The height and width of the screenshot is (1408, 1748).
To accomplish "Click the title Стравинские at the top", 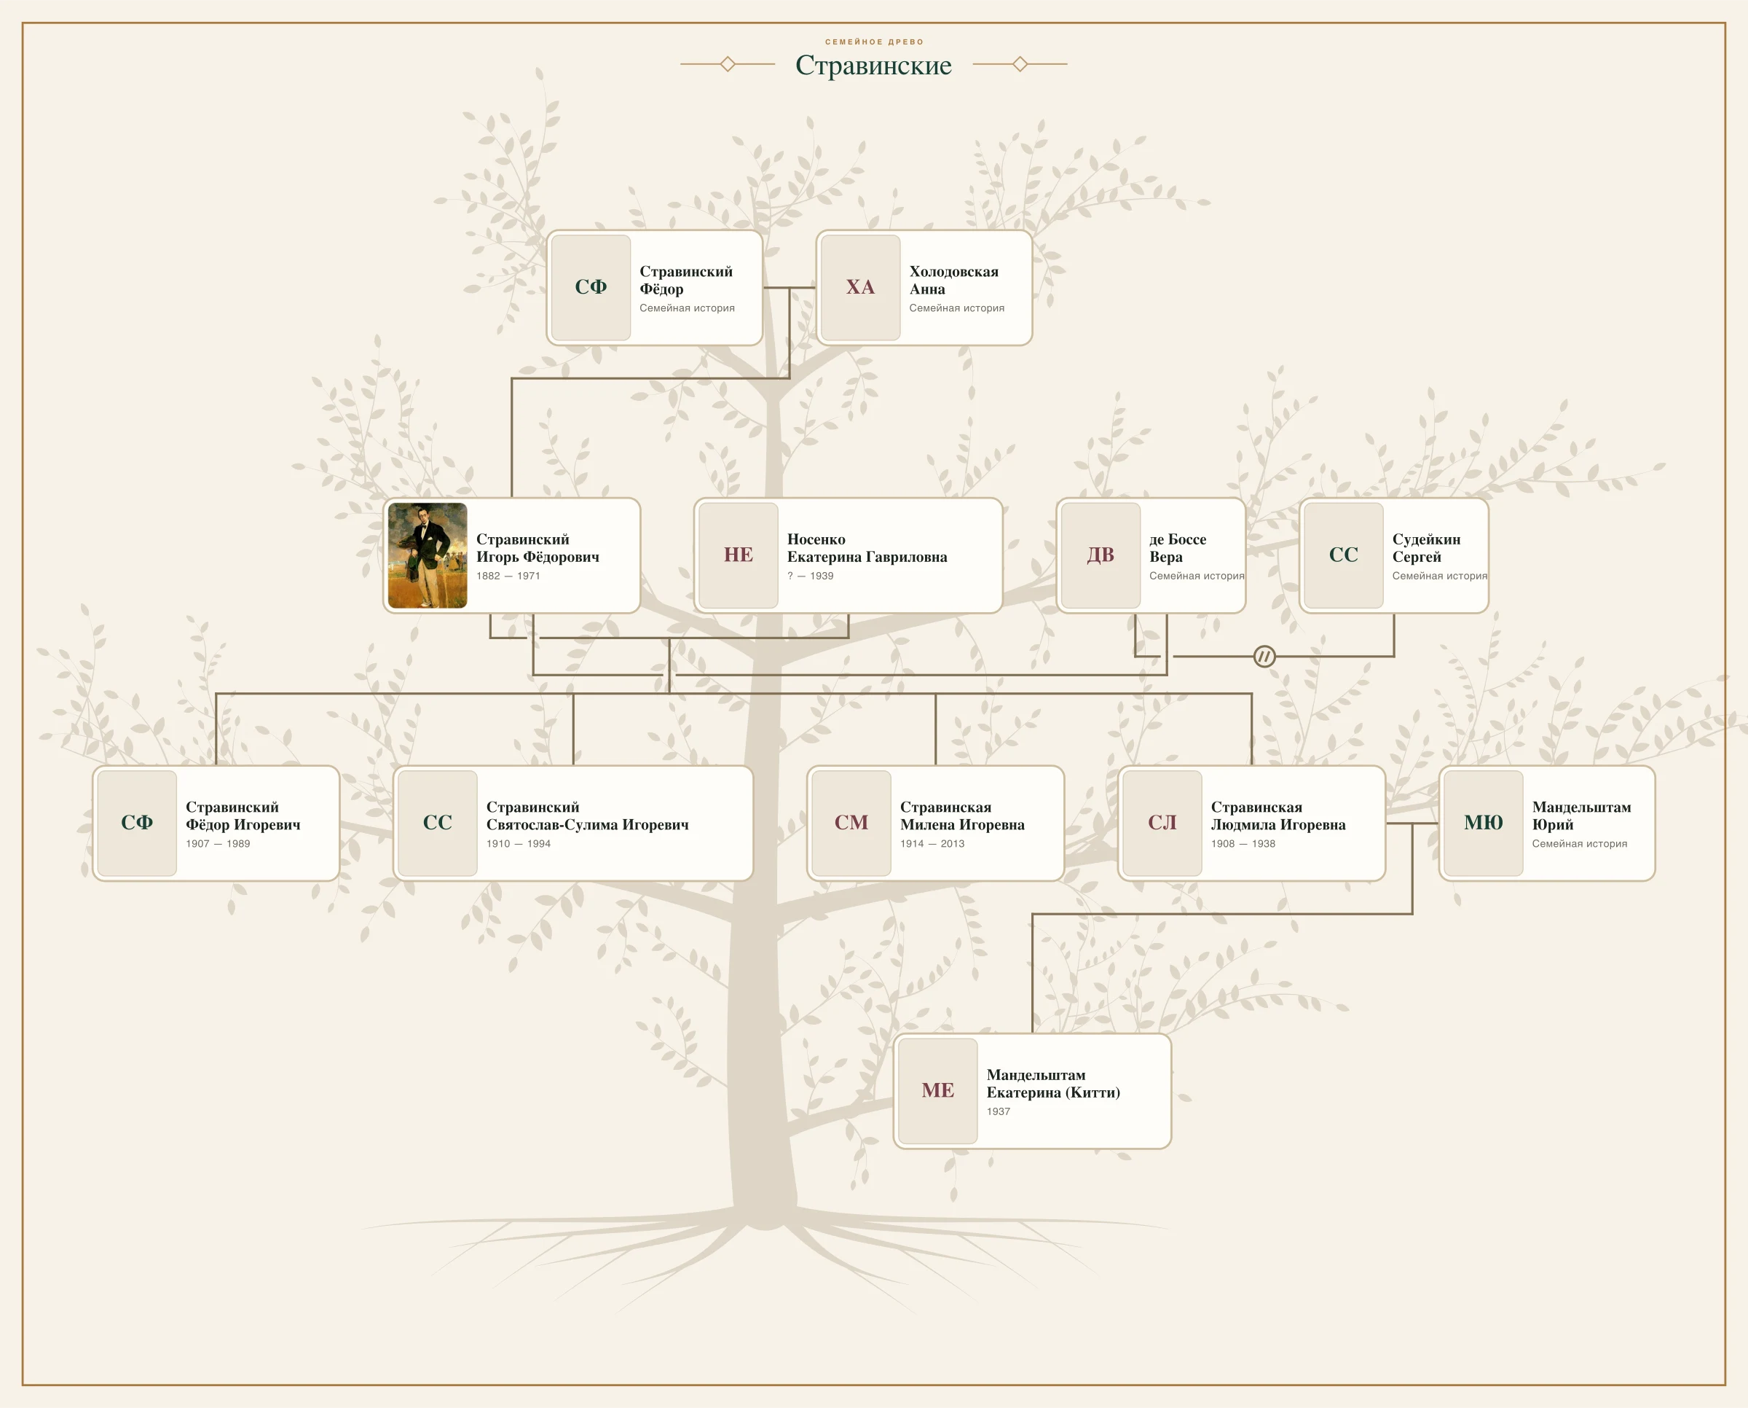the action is click(x=873, y=65).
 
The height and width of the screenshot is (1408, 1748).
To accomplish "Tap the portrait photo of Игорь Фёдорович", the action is click(x=428, y=555).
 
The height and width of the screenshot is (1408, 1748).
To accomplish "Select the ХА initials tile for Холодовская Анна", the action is click(x=860, y=288).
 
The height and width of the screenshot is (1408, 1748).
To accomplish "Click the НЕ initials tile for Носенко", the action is click(x=738, y=555).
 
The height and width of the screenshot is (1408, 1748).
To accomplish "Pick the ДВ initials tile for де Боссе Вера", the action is click(x=1101, y=555).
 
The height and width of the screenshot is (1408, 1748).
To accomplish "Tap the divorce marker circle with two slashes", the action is click(x=1264, y=656).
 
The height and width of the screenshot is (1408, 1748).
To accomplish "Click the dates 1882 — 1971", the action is click(x=508, y=576).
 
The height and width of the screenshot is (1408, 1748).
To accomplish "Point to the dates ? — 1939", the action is click(x=810, y=576).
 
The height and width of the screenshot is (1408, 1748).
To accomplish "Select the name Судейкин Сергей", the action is click(x=1426, y=548).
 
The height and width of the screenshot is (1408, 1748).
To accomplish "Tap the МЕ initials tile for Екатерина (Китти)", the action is click(x=937, y=1091).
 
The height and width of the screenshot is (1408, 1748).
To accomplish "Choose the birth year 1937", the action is click(x=998, y=1111).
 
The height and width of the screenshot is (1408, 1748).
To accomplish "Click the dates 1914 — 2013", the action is click(x=932, y=843).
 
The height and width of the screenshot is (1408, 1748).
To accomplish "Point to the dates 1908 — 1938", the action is click(x=1243, y=843).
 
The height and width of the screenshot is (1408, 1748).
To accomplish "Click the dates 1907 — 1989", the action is click(x=218, y=843).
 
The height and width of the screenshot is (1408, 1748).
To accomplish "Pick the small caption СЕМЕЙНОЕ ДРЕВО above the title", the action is click(x=874, y=42).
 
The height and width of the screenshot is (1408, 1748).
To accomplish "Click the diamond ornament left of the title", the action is click(x=728, y=63).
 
